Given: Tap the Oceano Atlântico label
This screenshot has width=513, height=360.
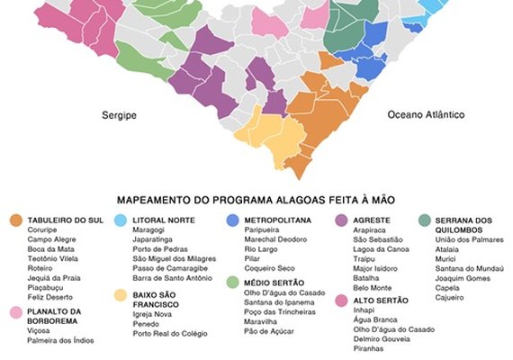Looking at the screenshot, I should pyautogui.click(x=426, y=116).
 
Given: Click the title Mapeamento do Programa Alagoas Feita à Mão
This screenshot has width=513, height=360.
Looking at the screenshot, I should pyautogui.click(x=256, y=200).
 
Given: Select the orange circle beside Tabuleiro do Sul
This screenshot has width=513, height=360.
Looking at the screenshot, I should pyautogui.click(x=15, y=220).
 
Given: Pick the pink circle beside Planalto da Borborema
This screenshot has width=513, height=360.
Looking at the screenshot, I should pyautogui.click(x=15, y=313).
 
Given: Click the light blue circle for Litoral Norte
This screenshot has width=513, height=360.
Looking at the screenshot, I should pyautogui.click(x=121, y=220).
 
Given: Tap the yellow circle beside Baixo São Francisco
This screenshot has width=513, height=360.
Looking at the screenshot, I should pyautogui.click(x=121, y=294).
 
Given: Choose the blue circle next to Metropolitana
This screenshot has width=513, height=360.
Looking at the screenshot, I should pyautogui.click(x=232, y=220).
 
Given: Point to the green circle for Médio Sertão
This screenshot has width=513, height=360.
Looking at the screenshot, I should pyautogui.click(x=232, y=283).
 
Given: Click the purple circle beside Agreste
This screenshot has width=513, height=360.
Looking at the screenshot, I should pyautogui.click(x=342, y=220).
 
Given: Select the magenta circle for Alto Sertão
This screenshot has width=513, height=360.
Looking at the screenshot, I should pyautogui.click(x=342, y=300).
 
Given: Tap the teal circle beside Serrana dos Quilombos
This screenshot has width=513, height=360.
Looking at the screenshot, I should pyautogui.click(x=423, y=220).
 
